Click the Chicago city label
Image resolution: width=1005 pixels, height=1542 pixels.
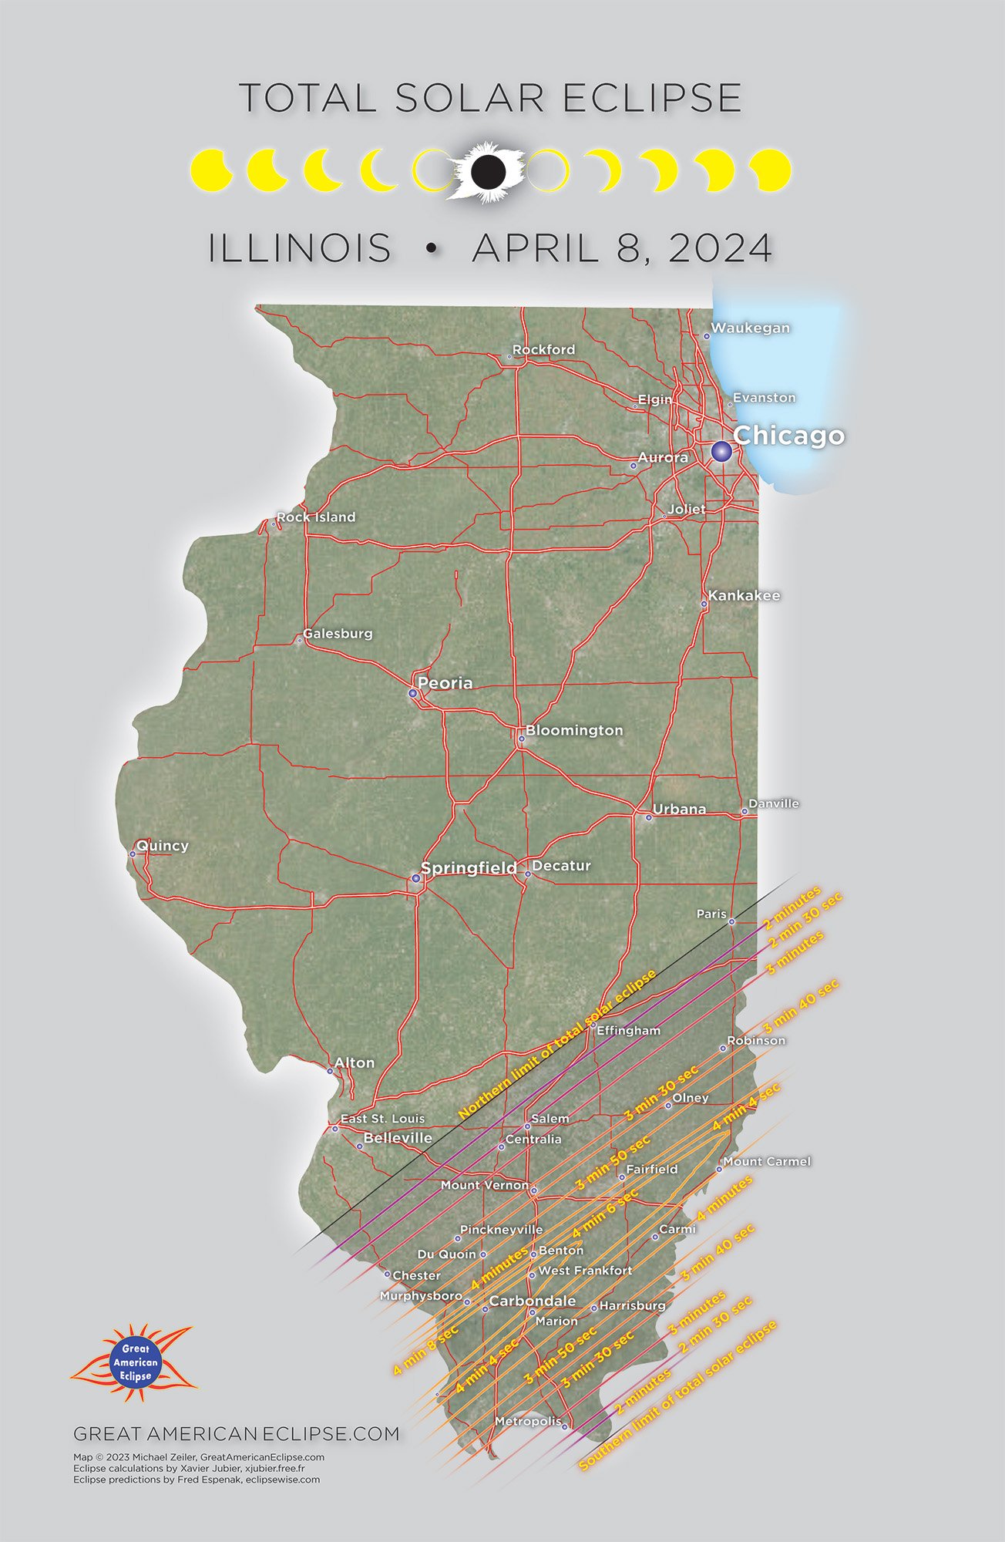[x=788, y=436]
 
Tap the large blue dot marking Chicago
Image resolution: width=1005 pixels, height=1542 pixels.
[x=721, y=451]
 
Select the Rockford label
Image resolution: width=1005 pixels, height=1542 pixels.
[x=543, y=349]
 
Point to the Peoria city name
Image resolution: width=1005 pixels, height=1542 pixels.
[x=445, y=683]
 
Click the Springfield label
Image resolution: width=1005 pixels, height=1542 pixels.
[x=469, y=868]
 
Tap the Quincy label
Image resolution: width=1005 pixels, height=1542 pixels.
[x=163, y=845]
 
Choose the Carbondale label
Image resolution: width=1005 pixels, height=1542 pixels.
[x=533, y=1301]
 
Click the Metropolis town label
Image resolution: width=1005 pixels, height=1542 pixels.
[x=528, y=1421]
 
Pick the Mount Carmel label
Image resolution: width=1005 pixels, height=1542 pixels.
[x=767, y=1161]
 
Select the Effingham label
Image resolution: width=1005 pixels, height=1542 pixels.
[x=629, y=1030]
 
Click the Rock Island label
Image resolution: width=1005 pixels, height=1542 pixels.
[x=316, y=517]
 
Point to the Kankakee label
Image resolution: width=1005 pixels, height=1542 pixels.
[x=745, y=595]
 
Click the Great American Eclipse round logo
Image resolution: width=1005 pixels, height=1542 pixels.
[x=135, y=1362]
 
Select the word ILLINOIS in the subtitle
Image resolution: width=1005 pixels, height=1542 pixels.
[x=300, y=248]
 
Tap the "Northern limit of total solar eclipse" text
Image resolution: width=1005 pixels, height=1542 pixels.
[x=556, y=1044]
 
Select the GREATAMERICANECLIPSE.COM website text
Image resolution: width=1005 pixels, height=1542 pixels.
[x=237, y=1434]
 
